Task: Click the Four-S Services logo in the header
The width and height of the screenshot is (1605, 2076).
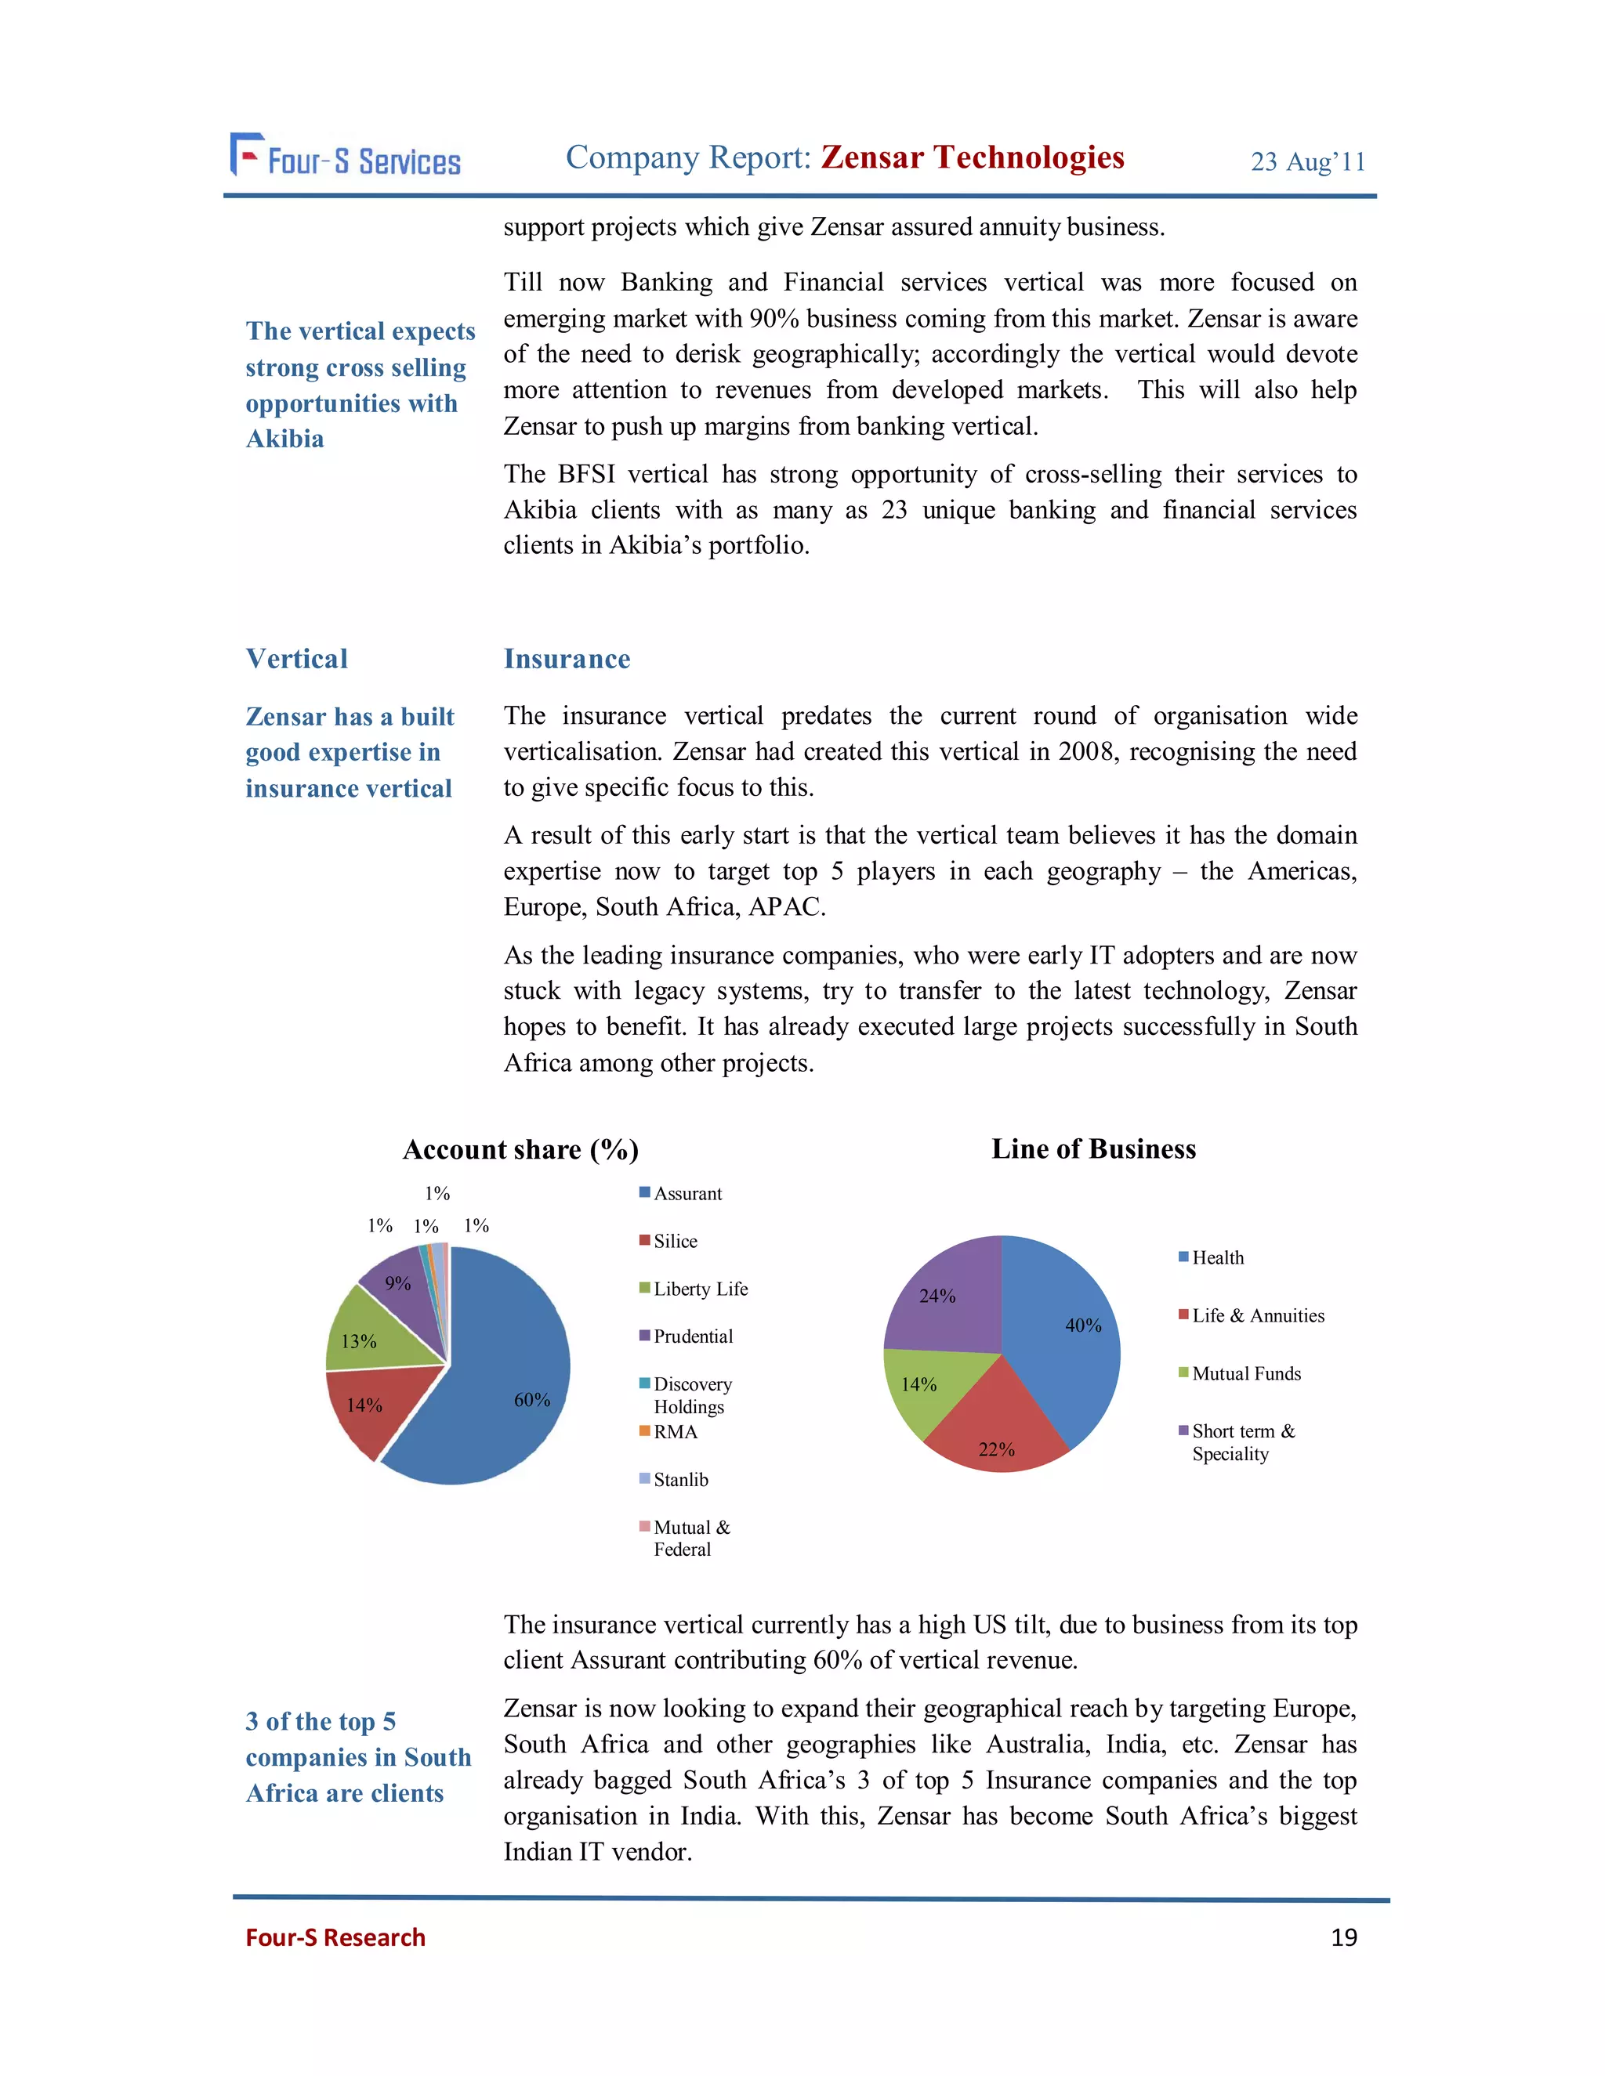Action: [345, 157]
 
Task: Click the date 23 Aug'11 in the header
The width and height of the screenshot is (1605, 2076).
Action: [1307, 161]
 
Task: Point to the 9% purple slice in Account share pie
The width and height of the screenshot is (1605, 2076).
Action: [404, 1288]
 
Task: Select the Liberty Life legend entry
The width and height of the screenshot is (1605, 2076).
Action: [700, 1289]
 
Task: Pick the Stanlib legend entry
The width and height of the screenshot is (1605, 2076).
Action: [679, 1480]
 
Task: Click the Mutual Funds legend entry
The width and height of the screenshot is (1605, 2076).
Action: [1245, 1373]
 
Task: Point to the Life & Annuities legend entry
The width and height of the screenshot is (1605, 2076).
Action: [1257, 1315]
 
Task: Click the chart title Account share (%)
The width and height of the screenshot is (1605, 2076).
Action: [520, 1150]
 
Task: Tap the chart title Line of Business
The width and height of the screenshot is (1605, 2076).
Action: [1093, 1149]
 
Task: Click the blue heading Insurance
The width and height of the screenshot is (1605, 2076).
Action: [567, 659]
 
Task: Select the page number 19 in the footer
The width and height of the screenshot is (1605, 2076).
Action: [1342, 1937]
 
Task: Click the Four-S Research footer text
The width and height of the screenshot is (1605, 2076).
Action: [335, 1937]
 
